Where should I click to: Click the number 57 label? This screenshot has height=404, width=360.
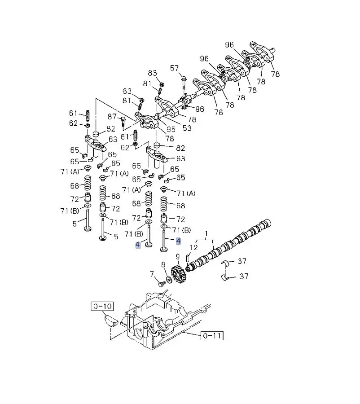click(174, 68)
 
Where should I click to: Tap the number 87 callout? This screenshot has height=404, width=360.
click(112, 117)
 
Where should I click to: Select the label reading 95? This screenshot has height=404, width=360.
click(171, 129)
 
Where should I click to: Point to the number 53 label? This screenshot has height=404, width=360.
click(187, 128)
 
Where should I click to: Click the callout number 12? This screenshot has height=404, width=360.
click(193, 247)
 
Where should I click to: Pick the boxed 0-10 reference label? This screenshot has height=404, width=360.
click(102, 306)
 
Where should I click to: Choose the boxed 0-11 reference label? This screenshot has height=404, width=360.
click(212, 335)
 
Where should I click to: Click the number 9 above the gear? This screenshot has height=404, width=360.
click(178, 257)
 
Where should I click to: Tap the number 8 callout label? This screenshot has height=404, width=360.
click(163, 264)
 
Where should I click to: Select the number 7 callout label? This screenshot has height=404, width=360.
click(152, 274)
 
